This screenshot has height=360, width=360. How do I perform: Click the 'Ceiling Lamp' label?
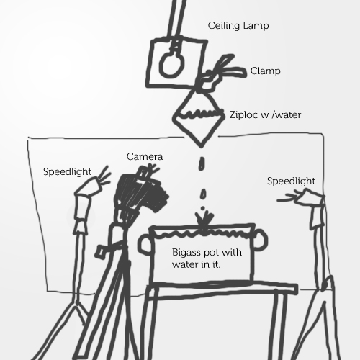(238, 26)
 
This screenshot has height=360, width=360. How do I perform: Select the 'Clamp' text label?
(265, 71)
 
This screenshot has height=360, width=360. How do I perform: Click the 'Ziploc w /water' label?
(265, 114)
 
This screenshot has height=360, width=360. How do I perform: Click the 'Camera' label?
(145, 156)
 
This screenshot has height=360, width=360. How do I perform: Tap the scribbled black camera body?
(142, 192)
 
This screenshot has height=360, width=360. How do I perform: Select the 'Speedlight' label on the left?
(67, 172)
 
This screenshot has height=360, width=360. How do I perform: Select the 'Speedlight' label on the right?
(291, 181)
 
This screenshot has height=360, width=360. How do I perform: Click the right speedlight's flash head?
(302, 197)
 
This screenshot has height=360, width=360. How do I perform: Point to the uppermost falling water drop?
(202, 163)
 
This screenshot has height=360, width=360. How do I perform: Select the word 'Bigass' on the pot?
(186, 253)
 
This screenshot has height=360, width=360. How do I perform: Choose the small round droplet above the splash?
(203, 208)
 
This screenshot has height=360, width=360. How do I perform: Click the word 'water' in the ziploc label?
(288, 115)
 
